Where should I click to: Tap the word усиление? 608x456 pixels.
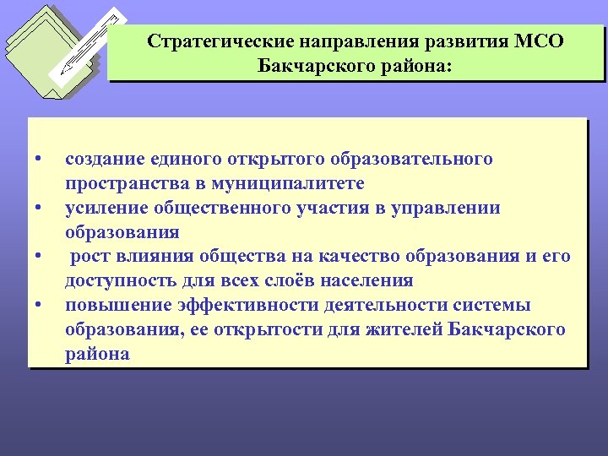[x=106, y=208]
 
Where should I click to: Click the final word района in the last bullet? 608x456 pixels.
[x=97, y=354]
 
